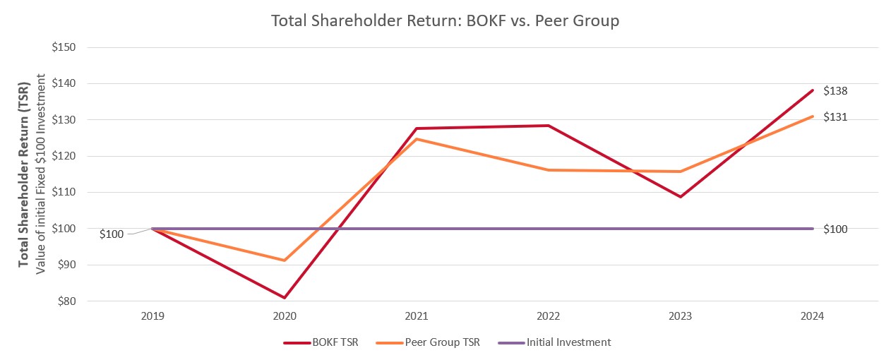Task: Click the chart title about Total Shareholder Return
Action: [x=445, y=21]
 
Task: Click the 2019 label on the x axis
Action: [x=153, y=317]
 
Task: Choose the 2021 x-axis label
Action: [x=417, y=317]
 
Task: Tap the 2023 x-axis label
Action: [x=681, y=317]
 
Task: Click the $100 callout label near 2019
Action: [x=112, y=234]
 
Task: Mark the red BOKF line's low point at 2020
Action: [x=285, y=298]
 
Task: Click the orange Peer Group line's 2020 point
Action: [x=285, y=260]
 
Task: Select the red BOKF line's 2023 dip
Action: [x=681, y=197]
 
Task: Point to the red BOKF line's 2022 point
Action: [x=549, y=126]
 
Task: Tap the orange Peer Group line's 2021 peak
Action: [x=417, y=139]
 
